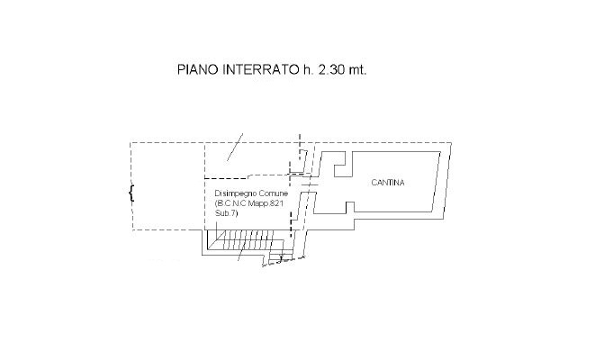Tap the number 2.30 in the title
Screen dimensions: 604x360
[331, 69]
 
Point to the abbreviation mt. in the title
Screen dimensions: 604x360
[357, 69]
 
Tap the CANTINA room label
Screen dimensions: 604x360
[388, 183]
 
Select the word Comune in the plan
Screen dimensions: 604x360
[274, 193]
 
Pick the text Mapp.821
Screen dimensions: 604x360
[266, 203]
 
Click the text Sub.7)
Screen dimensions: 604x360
[227, 213]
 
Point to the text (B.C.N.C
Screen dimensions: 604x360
[230, 203]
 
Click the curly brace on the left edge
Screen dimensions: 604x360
[131, 193]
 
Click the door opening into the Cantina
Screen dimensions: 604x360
[309, 184]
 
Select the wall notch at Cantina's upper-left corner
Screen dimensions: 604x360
[342, 165]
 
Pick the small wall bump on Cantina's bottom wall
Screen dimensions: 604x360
[350, 207]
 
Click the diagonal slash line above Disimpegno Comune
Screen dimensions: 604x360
[235, 147]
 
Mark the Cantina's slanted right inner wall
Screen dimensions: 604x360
[436, 182]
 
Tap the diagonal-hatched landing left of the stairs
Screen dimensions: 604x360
[212, 240]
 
